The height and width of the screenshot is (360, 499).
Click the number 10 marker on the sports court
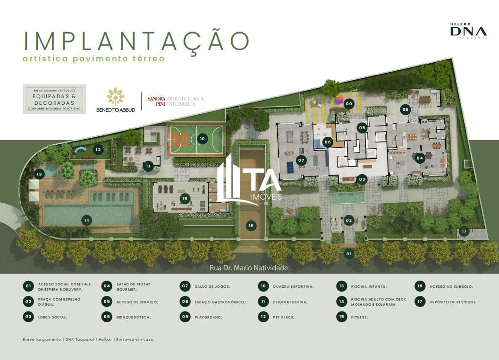(x=202, y=139)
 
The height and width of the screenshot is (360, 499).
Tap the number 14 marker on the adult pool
(x=86, y=220)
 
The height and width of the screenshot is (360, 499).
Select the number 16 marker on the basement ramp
(x=251, y=226)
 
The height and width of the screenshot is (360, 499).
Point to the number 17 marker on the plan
(x=464, y=232)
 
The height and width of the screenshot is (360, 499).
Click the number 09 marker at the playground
(x=349, y=104)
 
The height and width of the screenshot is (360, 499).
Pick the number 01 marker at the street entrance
(x=349, y=254)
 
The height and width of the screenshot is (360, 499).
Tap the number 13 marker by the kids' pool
(x=39, y=174)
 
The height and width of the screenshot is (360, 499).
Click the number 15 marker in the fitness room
(x=185, y=199)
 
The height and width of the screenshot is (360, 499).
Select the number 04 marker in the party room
(x=420, y=158)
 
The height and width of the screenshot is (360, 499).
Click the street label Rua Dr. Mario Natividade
(x=249, y=268)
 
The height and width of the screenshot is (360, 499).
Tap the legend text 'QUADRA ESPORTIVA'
(x=293, y=286)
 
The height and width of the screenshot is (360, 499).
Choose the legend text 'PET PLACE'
(x=283, y=318)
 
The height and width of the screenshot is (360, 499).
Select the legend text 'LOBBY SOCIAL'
(x=52, y=318)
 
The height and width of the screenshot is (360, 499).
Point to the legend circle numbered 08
(x=185, y=301)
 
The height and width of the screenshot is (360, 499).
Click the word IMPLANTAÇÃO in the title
(x=136, y=41)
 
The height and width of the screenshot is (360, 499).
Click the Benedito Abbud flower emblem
(x=116, y=96)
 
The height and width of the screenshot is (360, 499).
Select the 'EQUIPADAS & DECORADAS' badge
(x=54, y=100)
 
